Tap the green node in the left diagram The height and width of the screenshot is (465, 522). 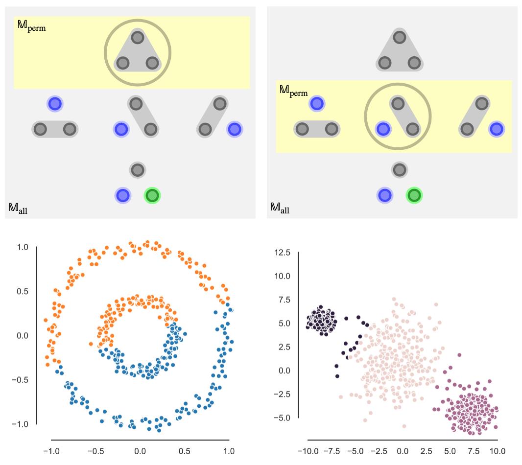tap(152, 196)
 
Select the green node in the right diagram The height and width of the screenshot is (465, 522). tap(414, 196)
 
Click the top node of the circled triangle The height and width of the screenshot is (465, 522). tap(138, 38)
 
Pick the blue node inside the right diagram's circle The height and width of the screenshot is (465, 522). tap(383, 129)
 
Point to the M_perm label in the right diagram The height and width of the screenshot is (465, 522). tap(293, 91)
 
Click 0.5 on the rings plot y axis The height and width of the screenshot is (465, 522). tap(23, 292)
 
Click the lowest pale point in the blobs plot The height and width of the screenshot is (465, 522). tap(404, 426)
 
